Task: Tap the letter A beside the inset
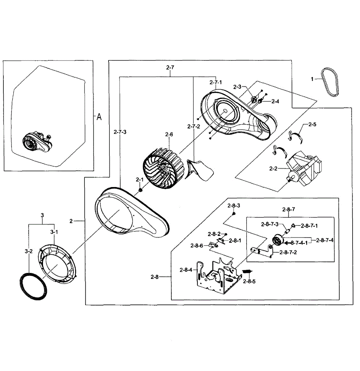pos(99,117)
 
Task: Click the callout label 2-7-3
pos(120,132)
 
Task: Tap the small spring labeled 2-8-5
pos(247,271)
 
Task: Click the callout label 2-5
pos(312,125)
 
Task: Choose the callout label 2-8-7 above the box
pos(289,209)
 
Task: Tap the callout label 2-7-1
pos(216,83)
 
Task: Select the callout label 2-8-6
pos(197,245)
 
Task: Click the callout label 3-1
pos(54,232)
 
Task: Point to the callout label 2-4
pos(275,101)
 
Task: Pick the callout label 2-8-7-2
pos(288,252)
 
